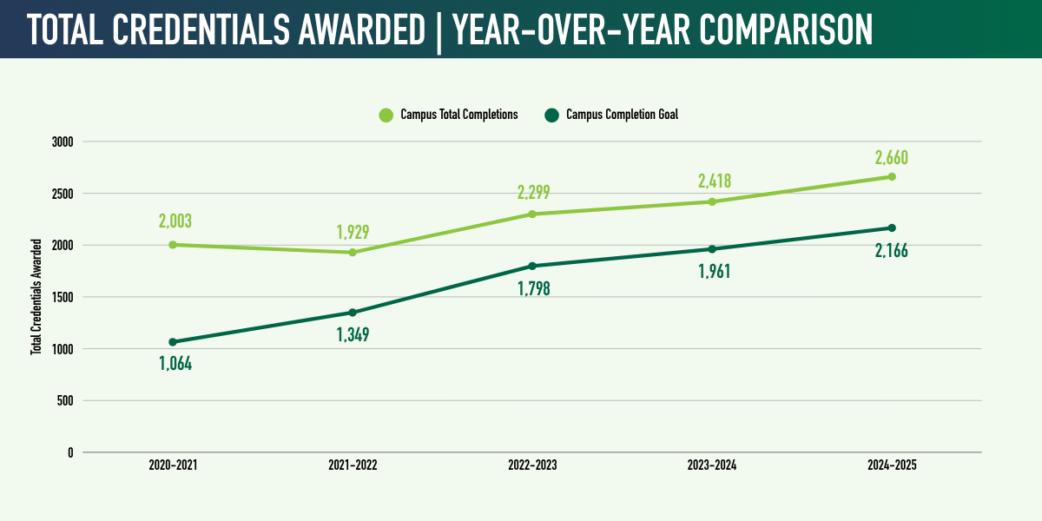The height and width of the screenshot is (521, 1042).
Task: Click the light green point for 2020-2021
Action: [x=173, y=245]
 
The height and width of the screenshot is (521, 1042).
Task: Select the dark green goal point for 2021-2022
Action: [x=353, y=313]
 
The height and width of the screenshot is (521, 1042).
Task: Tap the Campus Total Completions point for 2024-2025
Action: [x=892, y=177]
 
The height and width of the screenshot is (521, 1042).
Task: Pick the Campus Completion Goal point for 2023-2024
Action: [x=712, y=249]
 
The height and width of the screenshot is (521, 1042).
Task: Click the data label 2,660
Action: [x=892, y=158]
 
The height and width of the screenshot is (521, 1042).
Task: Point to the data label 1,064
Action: [x=175, y=364]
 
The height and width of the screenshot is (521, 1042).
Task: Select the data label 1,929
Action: [x=353, y=233]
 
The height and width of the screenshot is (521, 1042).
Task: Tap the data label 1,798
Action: [x=532, y=288]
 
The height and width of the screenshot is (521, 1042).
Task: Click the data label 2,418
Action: [x=714, y=181]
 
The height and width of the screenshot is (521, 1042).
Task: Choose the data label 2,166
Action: [x=892, y=252]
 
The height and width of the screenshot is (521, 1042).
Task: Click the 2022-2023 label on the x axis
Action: [x=532, y=465]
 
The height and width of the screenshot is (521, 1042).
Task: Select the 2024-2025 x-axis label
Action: [x=892, y=465]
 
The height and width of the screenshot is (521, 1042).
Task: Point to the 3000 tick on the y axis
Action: [x=63, y=142]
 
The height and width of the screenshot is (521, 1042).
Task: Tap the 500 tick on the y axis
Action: [x=65, y=401]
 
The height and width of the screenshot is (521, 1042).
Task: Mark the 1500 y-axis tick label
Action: [x=63, y=297]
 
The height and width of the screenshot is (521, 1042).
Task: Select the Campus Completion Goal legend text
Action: [x=622, y=115]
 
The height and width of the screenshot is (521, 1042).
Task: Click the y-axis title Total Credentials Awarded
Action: [x=36, y=297]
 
